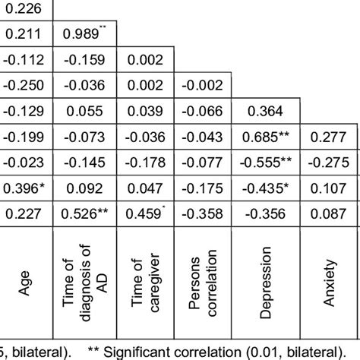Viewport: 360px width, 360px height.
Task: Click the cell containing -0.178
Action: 144,162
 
